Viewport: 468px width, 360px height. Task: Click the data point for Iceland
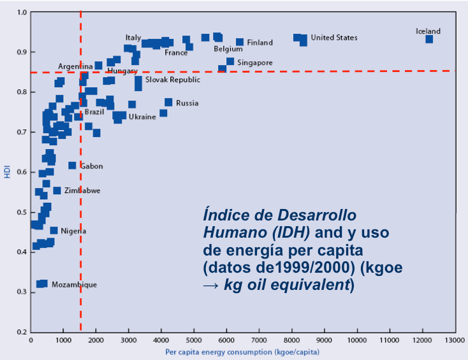pyautogui.click(x=429, y=39)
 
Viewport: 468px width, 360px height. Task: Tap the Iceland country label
pyautogui.click(x=428, y=31)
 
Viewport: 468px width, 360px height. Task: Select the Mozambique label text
pyautogui.click(x=74, y=285)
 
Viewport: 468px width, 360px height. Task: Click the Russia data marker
pyautogui.click(x=168, y=102)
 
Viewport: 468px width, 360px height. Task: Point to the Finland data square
pyautogui.click(x=240, y=42)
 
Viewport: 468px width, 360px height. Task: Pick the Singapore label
pyautogui.click(x=255, y=62)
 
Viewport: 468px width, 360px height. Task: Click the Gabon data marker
pyautogui.click(x=72, y=166)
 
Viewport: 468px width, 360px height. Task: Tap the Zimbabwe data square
pyautogui.click(x=57, y=191)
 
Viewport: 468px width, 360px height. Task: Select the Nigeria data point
pyautogui.click(x=54, y=231)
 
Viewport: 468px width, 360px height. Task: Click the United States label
pyautogui.click(x=334, y=38)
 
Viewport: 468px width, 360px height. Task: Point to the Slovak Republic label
pyautogui.click(x=172, y=80)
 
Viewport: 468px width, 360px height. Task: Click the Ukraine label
pyautogui.click(x=142, y=117)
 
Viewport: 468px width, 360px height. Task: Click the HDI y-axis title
pyautogui.click(x=8, y=172)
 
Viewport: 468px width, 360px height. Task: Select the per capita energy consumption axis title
pyautogui.click(x=242, y=352)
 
